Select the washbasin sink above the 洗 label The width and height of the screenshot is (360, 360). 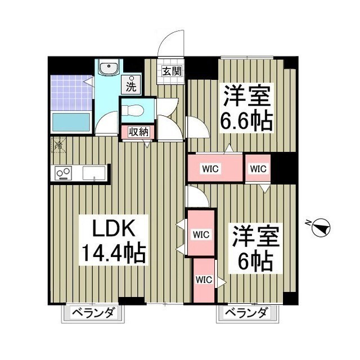pyautogui.click(x=107, y=69)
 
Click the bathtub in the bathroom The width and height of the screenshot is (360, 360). pyautogui.click(x=71, y=121)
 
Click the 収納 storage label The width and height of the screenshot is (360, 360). pyautogui.click(x=139, y=132)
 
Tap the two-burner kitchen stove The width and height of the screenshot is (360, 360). pyautogui.click(x=63, y=173)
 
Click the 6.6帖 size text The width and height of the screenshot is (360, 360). pyautogui.click(x=247, y=120)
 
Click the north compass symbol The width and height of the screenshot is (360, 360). pyautogui.click(x=321, y=228)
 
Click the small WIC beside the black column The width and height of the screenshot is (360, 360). pyautogui.click(x=257, y=168)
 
